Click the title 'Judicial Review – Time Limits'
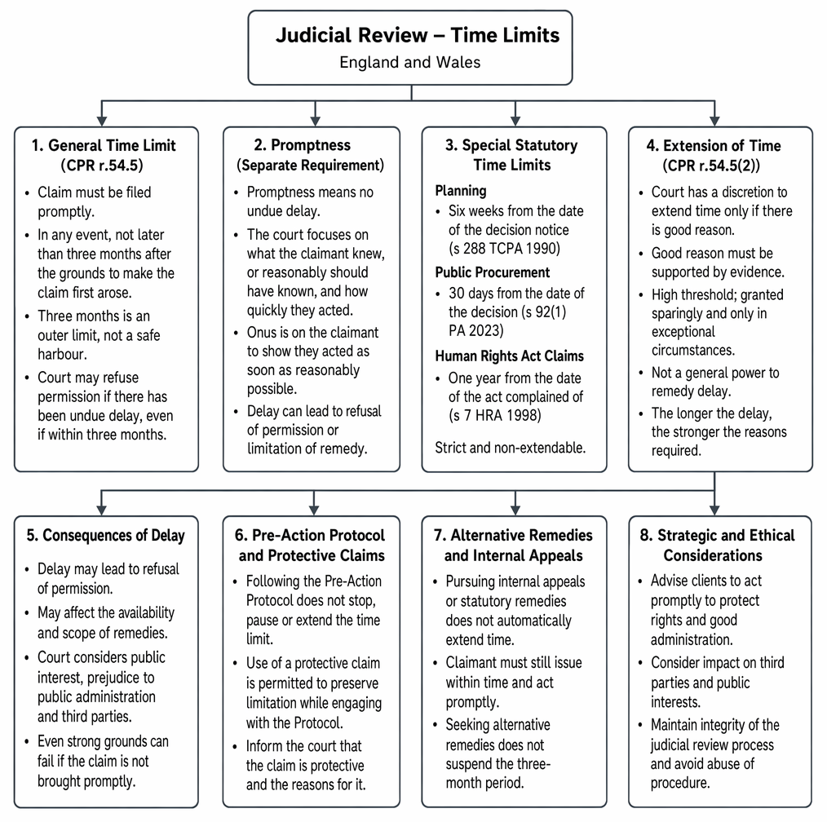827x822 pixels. pos(418,35)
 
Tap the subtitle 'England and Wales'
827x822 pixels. pos(409,62)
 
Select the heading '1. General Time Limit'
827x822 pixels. pos(104,145)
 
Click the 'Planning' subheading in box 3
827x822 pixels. pos(461,190)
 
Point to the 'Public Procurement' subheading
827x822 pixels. pos(492,272)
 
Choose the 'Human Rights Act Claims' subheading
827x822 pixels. pos(509,356)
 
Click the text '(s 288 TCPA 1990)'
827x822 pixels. pos(504,249)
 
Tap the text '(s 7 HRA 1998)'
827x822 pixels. pos(494,415)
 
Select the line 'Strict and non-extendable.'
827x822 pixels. pos(510,448)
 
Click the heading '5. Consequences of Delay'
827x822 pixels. pos(105,535)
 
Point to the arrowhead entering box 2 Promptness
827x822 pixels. pos(315,121)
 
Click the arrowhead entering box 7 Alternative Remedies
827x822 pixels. pos(515,510)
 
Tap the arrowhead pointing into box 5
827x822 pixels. pos(102,510)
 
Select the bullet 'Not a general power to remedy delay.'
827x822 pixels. pos(714,382)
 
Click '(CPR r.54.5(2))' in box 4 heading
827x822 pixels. pos(711,166)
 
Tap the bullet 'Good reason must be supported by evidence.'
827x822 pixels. pos(717,263)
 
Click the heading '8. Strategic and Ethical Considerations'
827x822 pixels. pos(717,546)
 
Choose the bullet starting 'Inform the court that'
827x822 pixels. pos(305,765)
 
